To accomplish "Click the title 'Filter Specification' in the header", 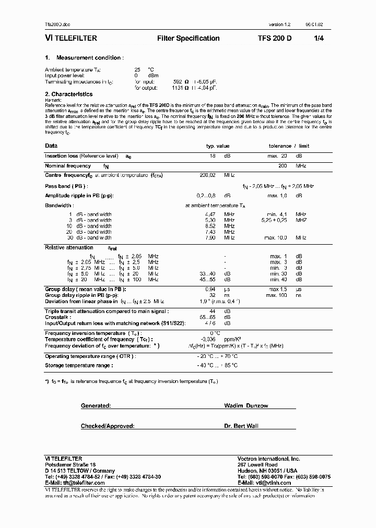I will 188,39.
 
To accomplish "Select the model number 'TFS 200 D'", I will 275,39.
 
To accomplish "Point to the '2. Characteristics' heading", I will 69,94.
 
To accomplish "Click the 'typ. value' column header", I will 217,146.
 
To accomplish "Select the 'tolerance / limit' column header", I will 289,146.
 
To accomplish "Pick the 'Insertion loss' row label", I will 63,156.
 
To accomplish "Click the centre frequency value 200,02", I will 208,175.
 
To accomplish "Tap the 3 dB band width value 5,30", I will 209,220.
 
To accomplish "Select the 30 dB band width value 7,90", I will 209,237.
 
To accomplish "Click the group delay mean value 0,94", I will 210,289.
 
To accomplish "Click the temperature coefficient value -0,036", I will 207,339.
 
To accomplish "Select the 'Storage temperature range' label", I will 79,365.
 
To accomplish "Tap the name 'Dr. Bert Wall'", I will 242,426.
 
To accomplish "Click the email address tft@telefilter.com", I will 80,483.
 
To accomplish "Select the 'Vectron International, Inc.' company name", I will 269,459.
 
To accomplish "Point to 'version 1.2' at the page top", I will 280,25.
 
